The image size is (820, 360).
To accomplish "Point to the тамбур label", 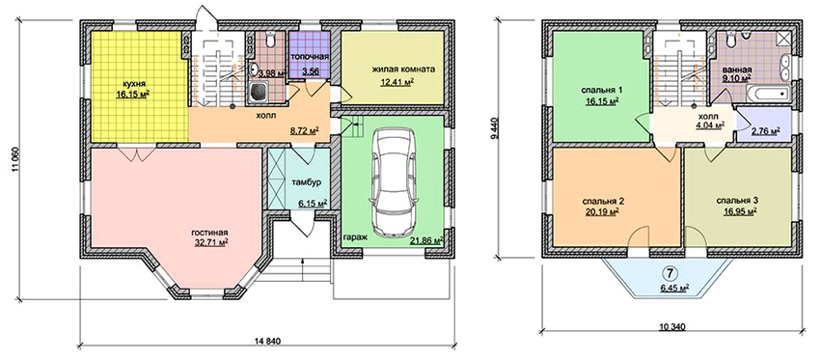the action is pos(304,182).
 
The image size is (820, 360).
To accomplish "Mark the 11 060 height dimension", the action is pos(14,158).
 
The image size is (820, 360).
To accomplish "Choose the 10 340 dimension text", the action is pos(672,327).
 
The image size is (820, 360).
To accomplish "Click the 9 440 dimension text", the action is pos(501,127).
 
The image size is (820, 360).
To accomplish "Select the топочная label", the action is pos(310,58).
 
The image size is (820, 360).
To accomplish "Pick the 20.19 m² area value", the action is pos(602,211).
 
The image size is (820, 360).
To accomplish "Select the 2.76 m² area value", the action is pos(766,131).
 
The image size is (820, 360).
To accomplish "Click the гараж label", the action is pos(356,237).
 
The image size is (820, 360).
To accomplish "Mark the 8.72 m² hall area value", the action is pos(304,131).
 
